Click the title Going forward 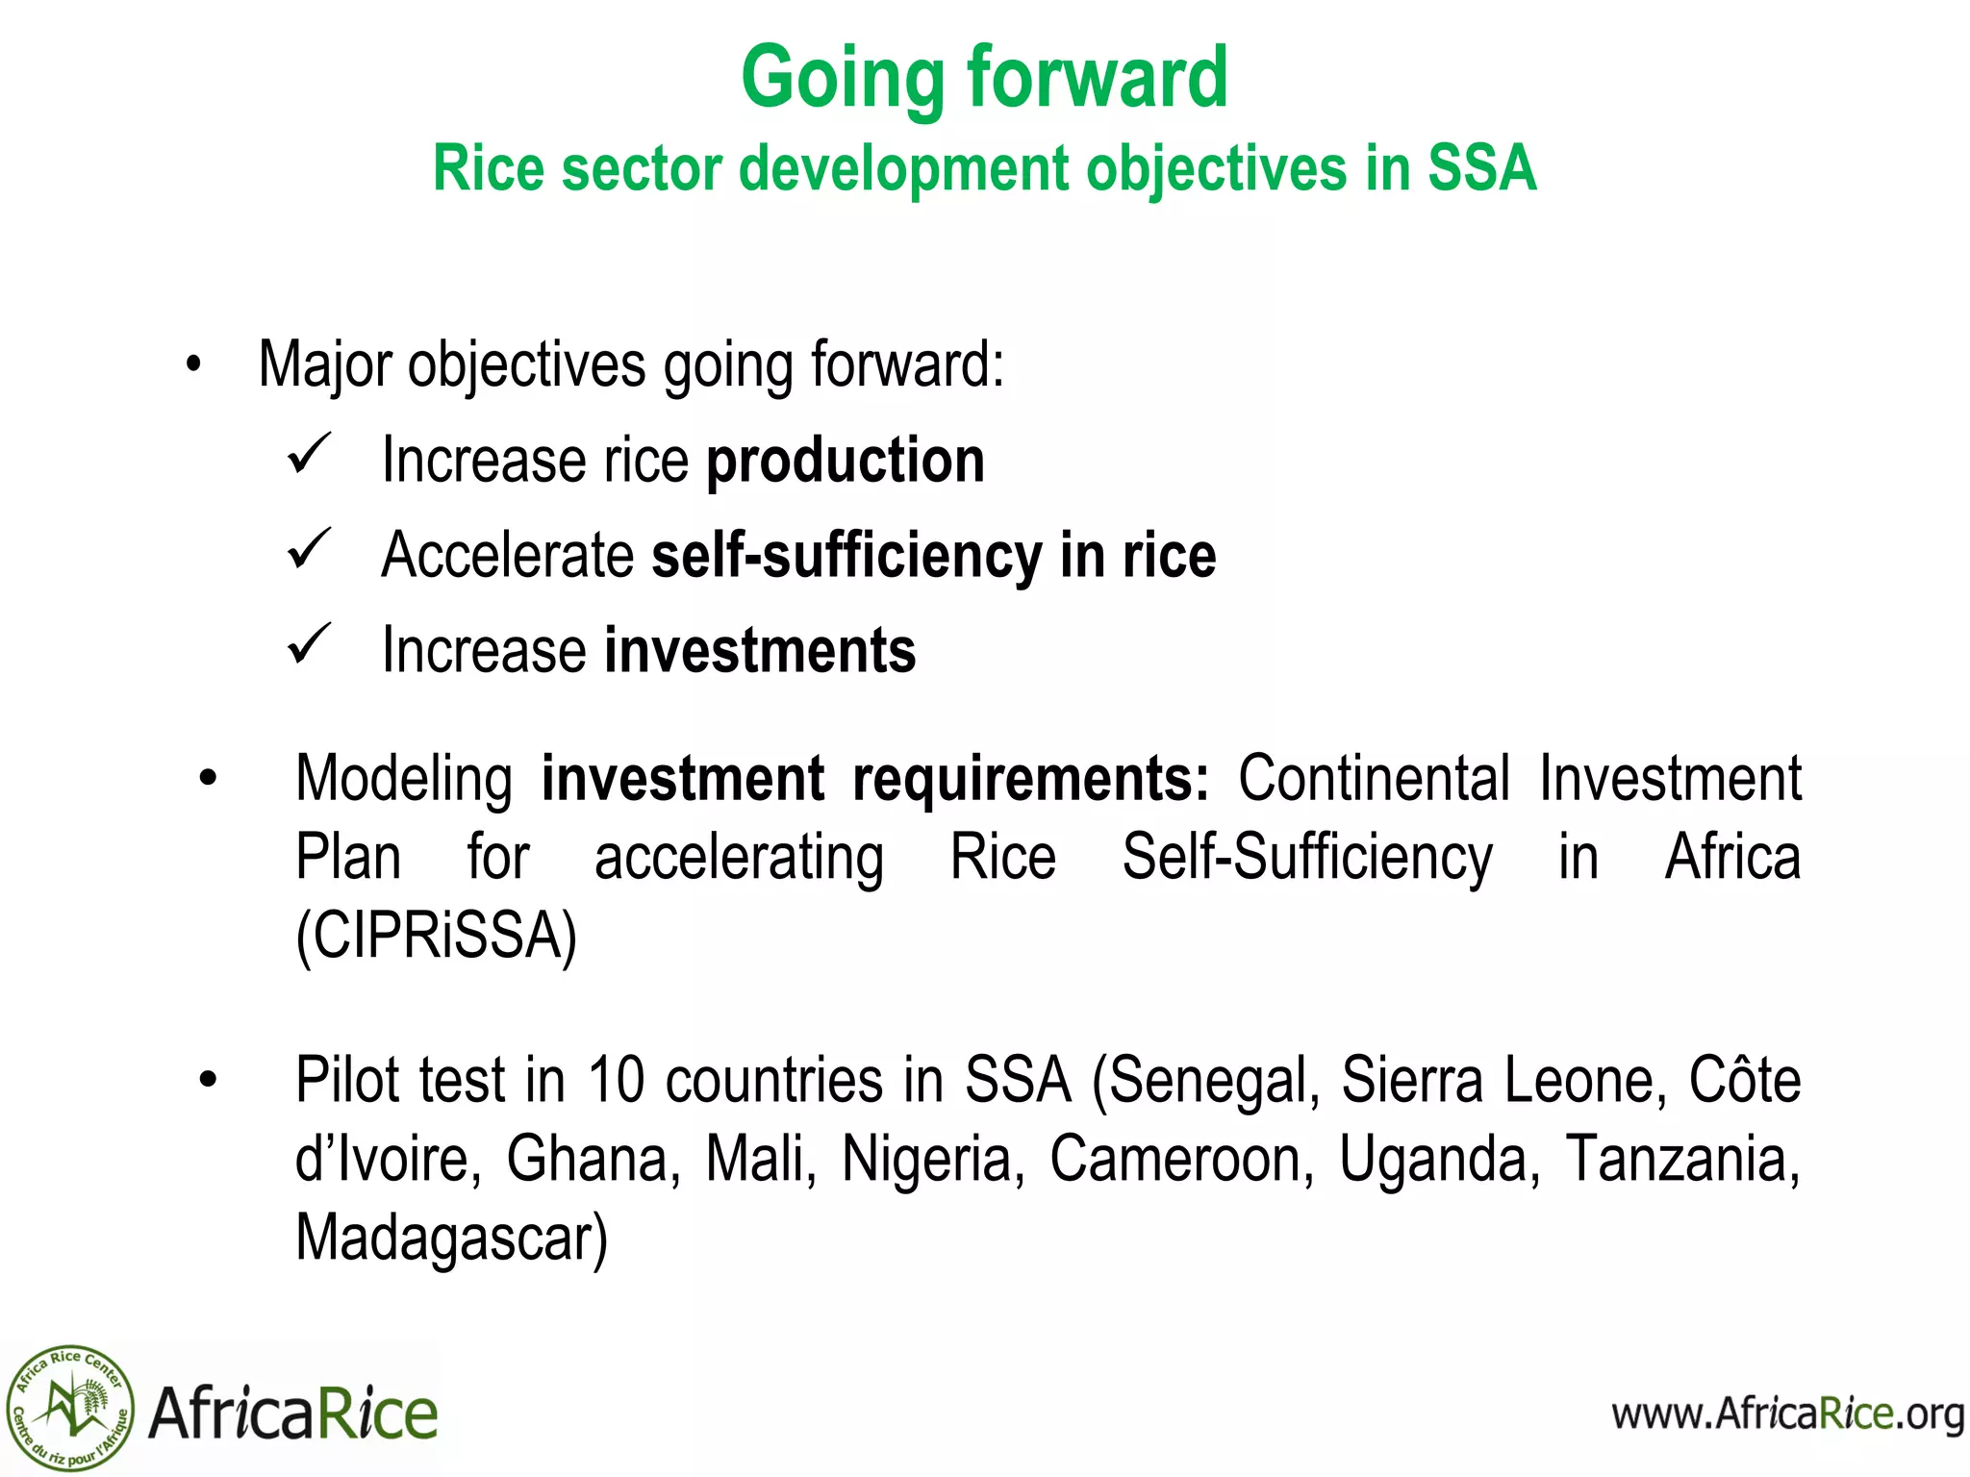coord(984,79)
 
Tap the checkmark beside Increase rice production coord(309,454)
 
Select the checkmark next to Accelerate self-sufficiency coord(309,549)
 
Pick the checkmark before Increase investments coord(309,644)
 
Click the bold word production coord(846,461)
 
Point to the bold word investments coord(760,651)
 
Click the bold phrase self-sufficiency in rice coord(933,556)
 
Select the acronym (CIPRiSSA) coord(436,936)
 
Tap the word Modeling coord(404,778)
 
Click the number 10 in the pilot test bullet coord(616,1080)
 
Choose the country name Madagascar coord(450,1238)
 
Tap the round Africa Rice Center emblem coord(69,1409)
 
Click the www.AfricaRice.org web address coord(1787,1414)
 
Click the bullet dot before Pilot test coord(208,1081)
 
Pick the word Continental coord(1374,778)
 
